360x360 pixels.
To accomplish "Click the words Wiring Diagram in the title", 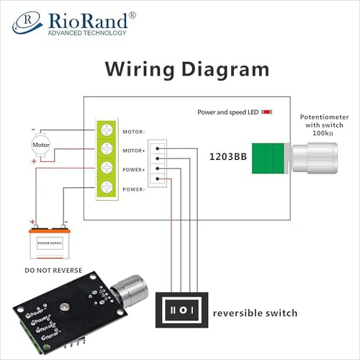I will pos(187,70).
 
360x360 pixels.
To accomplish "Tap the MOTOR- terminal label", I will pos(133,132).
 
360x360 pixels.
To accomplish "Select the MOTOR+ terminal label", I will pos(133,150).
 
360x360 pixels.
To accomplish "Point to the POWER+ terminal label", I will pos(133,169).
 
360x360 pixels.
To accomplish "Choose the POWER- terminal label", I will pos(133,189).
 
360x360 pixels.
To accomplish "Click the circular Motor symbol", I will pos(40,145).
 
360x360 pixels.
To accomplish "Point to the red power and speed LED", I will pos(266,112).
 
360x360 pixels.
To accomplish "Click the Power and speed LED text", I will pos(228,112).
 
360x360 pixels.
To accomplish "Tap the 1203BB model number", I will pos(228,156).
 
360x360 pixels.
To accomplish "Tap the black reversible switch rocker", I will pos(181,310).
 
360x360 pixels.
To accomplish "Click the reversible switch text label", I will pos(254,313).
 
